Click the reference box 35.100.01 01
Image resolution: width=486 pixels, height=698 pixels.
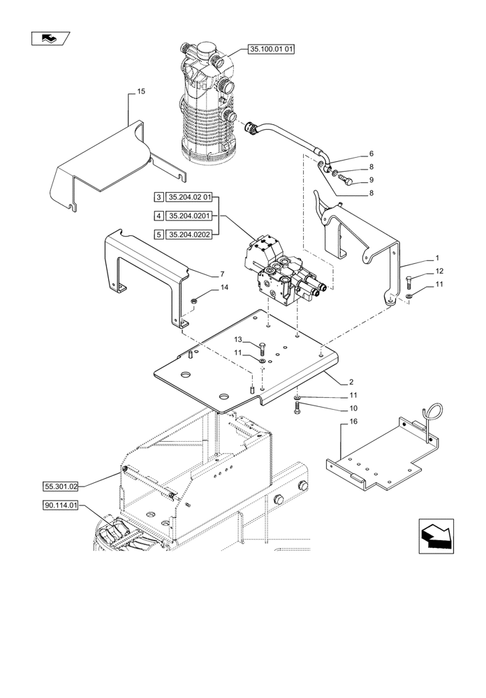coord(272,50)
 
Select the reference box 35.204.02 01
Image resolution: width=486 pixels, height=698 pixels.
coord(189,198)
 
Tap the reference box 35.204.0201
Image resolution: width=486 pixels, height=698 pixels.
coord(189,216)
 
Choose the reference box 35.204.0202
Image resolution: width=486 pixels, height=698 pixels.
coord(189,234)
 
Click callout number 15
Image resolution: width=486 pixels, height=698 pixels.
coord(141,92)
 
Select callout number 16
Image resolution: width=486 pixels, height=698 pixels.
coord(353,422)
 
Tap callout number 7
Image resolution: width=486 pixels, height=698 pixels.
coord(202,274)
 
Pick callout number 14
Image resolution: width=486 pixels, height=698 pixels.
coord(205,287)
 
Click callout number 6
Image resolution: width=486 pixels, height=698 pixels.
coord(371,154)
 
